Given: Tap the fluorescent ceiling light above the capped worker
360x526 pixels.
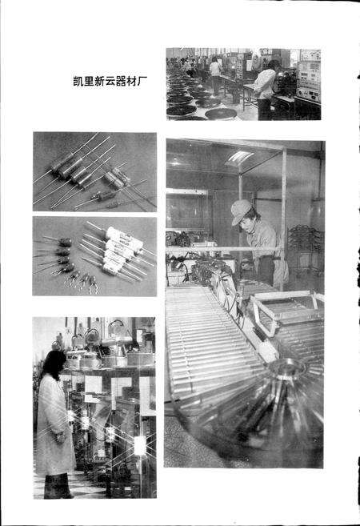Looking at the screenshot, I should (239, 157).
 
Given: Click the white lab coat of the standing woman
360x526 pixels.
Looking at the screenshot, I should (54, 424).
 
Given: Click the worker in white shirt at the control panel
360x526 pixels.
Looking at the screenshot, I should (265, 84).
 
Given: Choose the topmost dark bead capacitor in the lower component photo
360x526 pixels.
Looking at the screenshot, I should (62, 241).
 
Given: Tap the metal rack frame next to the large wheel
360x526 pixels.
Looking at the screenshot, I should (288, 312).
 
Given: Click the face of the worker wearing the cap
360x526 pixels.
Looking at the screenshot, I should (244, 220).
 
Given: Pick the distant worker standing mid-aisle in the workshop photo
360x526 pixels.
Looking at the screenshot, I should (215, 72).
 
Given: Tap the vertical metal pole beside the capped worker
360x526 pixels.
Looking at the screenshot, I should (282, 216).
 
